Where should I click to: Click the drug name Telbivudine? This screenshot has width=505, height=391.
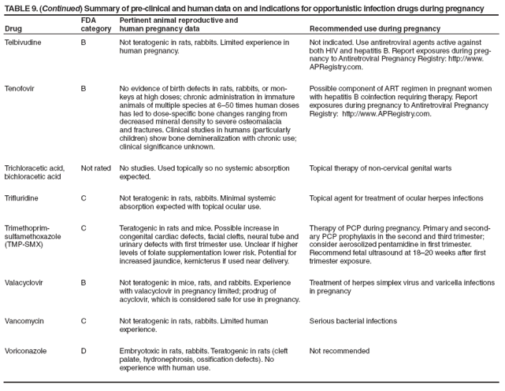click(x=23, y=41)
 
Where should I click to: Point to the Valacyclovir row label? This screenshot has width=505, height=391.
click(x=24, y=281)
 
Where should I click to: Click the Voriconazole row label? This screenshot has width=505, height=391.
click(x=24, y=349)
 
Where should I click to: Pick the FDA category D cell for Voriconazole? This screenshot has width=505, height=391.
click(x=84, y=349)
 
